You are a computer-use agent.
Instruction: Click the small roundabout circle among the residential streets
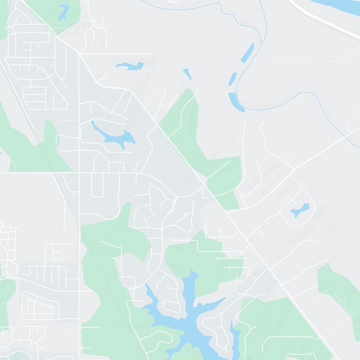pos(162,229)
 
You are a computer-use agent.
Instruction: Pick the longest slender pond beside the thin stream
pos(247,53)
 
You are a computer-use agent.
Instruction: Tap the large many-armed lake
pos(189,315)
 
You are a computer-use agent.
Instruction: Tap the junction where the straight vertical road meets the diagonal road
pos(80,54)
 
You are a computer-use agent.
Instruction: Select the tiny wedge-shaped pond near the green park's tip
pos(187,73)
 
